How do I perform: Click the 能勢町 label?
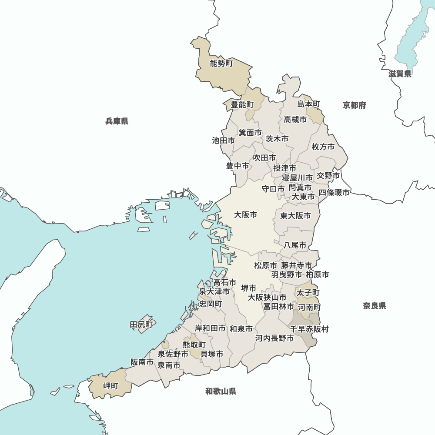point(221,64)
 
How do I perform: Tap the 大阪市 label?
point(245,215)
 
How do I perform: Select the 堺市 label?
point(248,288)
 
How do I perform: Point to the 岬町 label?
point(110,386)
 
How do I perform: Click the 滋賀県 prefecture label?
point(400,74)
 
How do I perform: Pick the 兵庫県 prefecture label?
point(117,121)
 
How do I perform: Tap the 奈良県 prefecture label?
point(375,306)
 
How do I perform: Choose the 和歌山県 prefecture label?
point(221,391)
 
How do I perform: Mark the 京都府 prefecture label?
point(354,105)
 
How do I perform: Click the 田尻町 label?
point(142,325)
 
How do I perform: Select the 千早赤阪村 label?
point(309,329)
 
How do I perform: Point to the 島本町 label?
point(309,104)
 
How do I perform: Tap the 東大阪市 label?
point(295,216)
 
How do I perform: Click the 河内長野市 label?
point(274,338)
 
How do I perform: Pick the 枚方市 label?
point(323,147)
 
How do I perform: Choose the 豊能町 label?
point(242,104)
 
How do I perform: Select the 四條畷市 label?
point(334,192)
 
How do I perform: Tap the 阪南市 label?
point(142,362)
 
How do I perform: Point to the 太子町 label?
point(308,293)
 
